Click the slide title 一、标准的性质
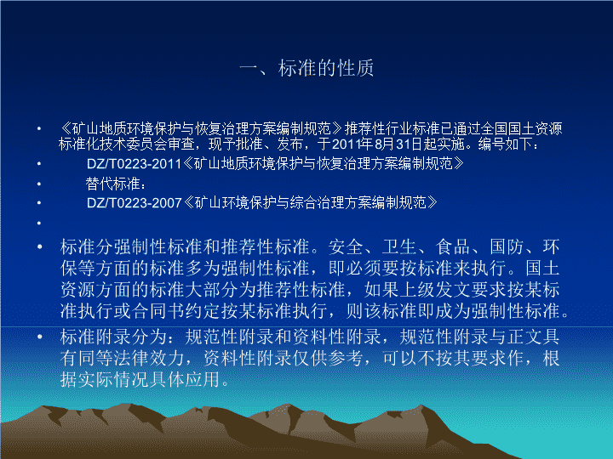coord(306,68)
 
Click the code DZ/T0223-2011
coord(135,163)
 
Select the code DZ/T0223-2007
coord(135,203)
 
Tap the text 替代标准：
coord(116,184)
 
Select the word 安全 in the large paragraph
coord(346,247)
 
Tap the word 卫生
coord(399,247)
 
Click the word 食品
coord(453,247)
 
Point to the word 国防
coord(507,247)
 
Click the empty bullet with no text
coord(39,224)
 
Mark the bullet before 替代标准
coord(39,184)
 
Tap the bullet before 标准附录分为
coord(39,337)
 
